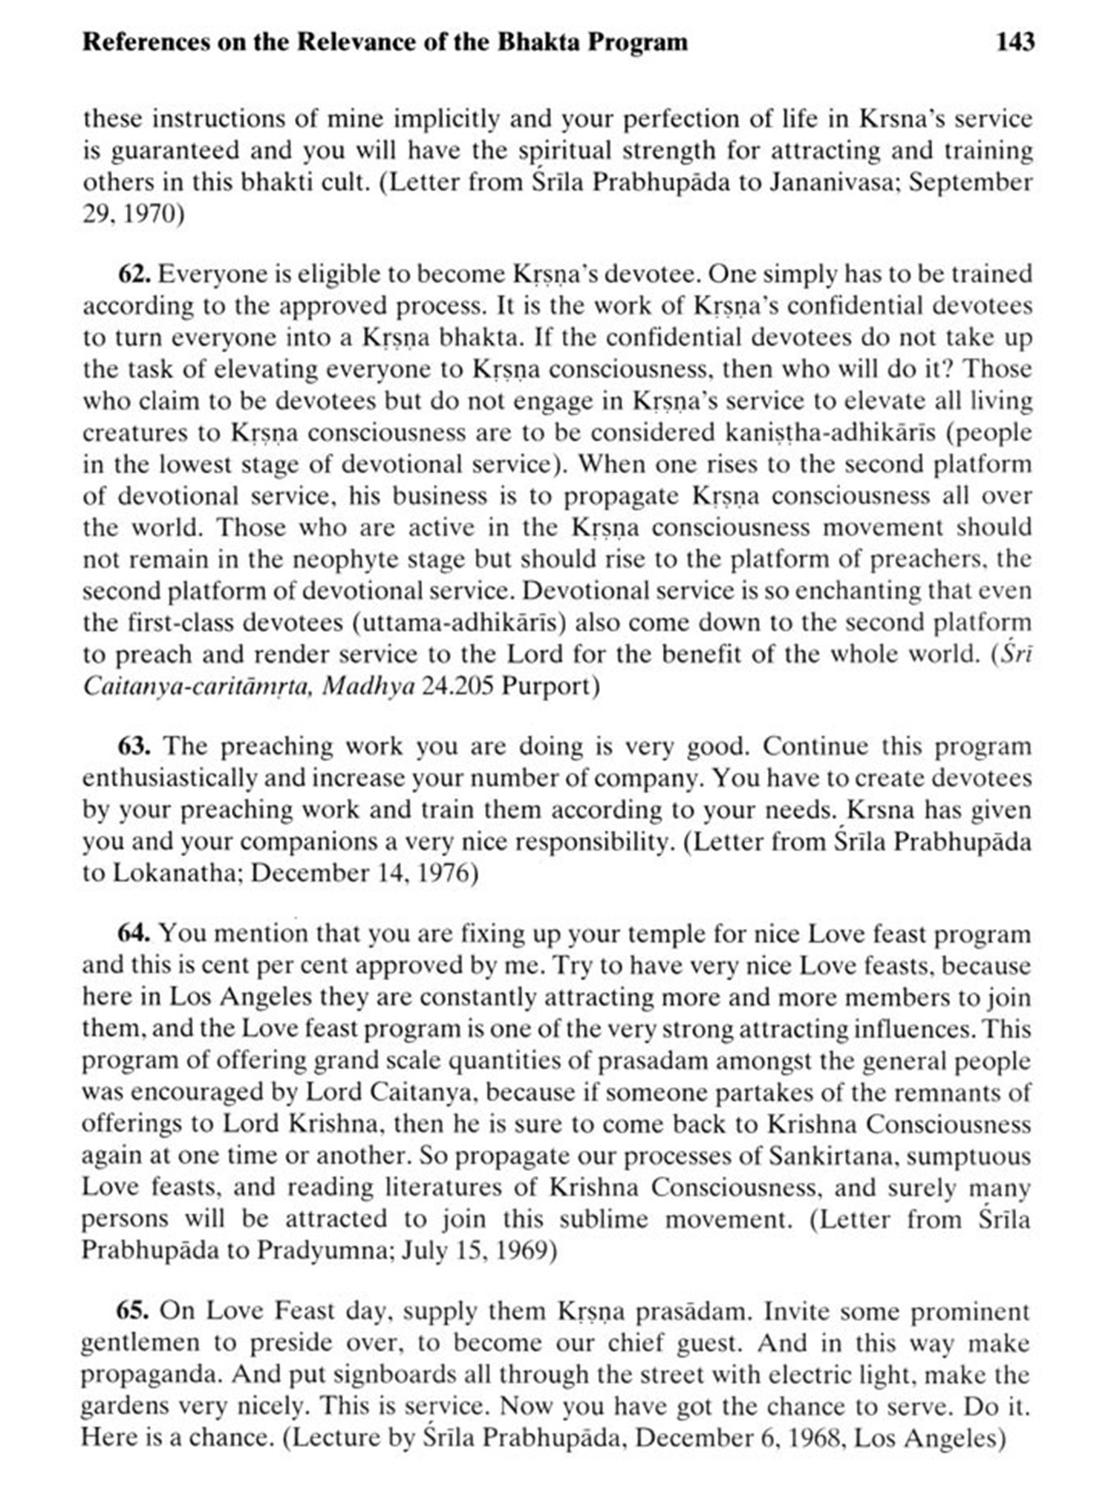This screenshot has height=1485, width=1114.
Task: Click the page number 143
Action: tap(1014, 42)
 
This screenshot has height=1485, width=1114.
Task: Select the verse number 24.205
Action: tap(457, 685)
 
